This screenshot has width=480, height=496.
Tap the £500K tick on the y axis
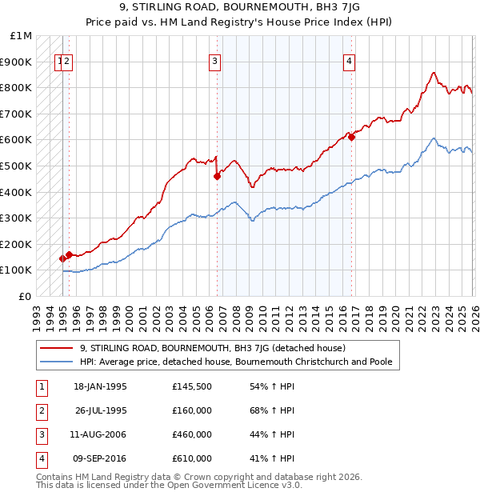(x=17, y=166)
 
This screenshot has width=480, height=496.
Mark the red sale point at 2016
(x=350, y=137)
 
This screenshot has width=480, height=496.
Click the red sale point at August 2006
(x=217, y=176)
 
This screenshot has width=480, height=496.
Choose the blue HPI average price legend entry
(x=235, y=362)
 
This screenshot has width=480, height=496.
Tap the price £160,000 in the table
(x=192, y=410)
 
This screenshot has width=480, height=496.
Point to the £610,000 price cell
(x=192, y=458)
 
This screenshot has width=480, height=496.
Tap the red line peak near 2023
(x=434, y=73)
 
